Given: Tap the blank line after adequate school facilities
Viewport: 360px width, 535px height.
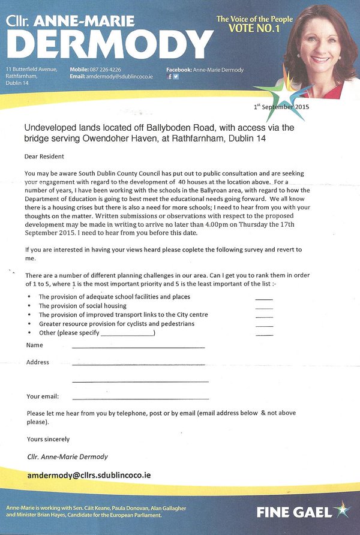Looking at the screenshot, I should click(263, 297).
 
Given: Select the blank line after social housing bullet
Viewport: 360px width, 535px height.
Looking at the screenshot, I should click(263, 306).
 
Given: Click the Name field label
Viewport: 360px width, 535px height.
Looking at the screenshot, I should click(35, 345).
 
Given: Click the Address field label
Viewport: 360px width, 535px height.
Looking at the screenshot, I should click(38, 362).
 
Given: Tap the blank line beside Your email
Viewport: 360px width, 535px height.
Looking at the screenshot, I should click(140, 398).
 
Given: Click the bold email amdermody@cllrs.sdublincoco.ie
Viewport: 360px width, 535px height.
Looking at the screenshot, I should click(89, 475).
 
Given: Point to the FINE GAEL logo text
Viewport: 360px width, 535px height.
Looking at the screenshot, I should click(293, 512).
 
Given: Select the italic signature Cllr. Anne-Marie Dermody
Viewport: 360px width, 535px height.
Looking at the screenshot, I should click(68, 456).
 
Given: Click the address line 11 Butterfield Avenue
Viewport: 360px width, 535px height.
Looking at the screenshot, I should click(32, 70).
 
